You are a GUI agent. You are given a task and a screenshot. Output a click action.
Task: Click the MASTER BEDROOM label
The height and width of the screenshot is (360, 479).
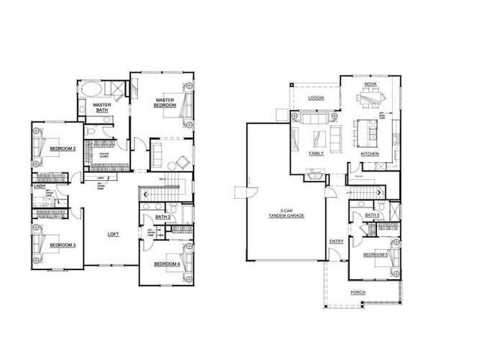click(x=165, y=103)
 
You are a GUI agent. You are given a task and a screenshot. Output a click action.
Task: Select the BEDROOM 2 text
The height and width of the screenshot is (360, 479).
click(x=63, y=149)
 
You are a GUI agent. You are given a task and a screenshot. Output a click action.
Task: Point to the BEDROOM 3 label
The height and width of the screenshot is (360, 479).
click(x=63, y=244)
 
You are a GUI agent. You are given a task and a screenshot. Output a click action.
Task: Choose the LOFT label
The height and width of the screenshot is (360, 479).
click(x=113, y=235)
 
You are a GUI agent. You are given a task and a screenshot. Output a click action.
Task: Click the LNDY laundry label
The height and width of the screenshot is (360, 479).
click(x=39, y=186)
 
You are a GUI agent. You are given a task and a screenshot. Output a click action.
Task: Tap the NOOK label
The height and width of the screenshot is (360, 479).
click(x=370, y=85)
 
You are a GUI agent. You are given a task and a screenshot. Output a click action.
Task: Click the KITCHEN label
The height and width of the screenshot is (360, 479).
click(x=370, y=154)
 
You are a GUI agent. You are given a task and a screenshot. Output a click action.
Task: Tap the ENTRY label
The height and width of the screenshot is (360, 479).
click(x=337, y=241)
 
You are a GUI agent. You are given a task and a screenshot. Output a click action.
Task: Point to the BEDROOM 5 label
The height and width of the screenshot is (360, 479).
click(x=376, y=255)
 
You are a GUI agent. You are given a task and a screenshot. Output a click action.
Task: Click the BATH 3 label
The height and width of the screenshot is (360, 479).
click(x=373, y=215)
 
